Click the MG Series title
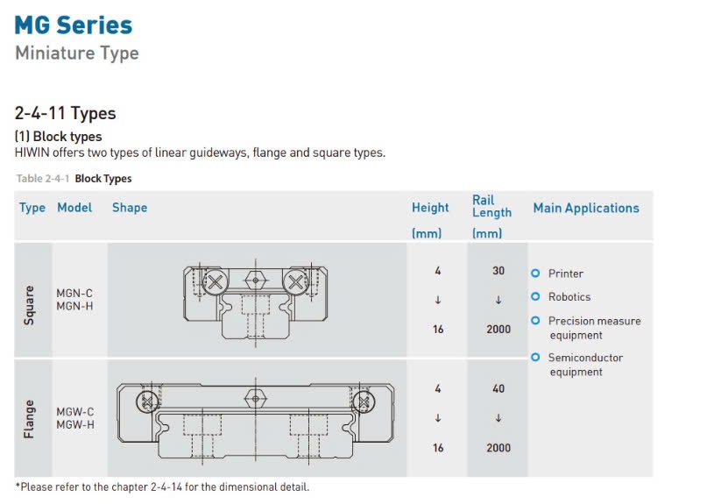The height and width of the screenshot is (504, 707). pyautogui.click(x=74, y=25)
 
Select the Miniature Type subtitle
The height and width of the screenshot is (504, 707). pyautogui.click(x=77, y=53)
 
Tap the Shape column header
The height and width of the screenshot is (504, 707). pyautogui.click(x=130, y=208)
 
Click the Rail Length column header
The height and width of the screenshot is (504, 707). pyautogui.click(x=491, y=206)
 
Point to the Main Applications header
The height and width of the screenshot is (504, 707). pyautogui.click(x=586, y=208)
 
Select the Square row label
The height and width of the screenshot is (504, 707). pyautogui.click(x=29, y=305)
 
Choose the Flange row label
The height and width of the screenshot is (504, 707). pyautogui.click(x=29, y=419)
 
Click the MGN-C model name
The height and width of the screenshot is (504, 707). pyautogui.click(x=74, y=294)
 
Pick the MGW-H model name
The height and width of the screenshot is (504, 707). pyautogui.click(x=75, y=424)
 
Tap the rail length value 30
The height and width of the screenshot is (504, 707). pyautogui.click(x=498, y=271)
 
